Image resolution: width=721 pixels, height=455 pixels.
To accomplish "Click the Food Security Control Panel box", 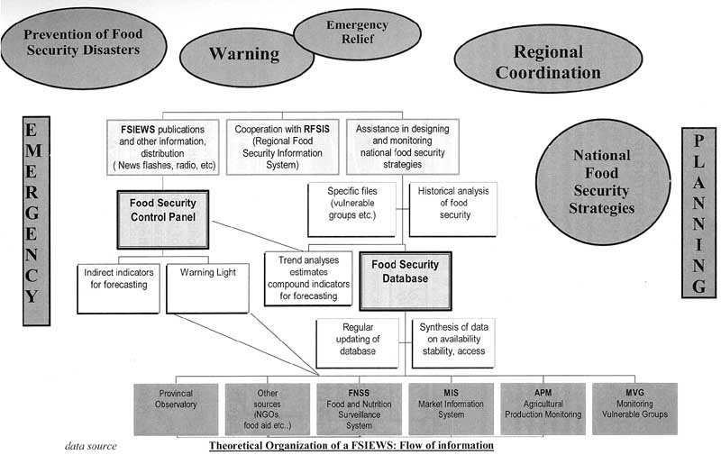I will coord(162,219).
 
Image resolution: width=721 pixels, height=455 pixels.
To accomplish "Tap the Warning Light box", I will coord(207,287).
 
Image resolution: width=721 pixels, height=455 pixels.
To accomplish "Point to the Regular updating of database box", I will coord(357,342).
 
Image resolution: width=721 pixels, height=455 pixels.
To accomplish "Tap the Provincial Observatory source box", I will coord(177,409).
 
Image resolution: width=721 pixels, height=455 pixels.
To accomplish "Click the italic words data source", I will coord(90,446).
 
